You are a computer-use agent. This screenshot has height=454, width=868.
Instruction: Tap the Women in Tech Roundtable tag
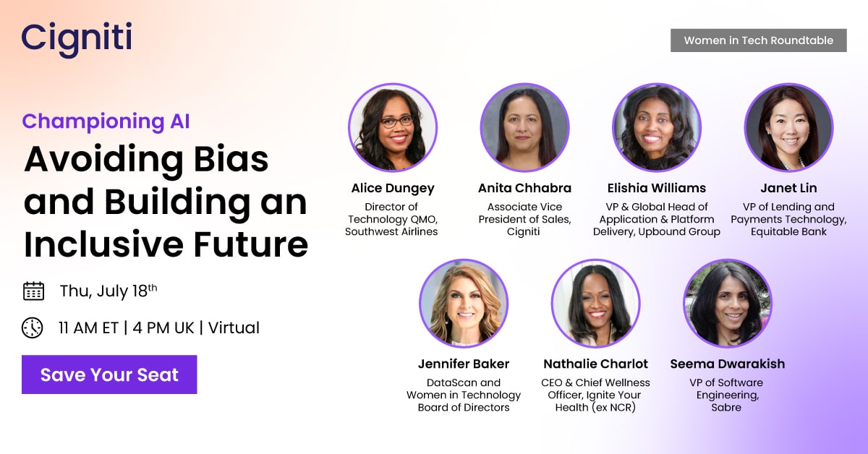point(758,40)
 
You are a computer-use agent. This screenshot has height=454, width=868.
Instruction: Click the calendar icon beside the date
point(33,291)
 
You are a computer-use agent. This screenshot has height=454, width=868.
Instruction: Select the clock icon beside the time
point(33,327)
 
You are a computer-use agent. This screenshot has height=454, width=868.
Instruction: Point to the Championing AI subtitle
point(106,121)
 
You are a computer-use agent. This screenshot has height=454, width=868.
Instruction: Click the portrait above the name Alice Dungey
point(393,128)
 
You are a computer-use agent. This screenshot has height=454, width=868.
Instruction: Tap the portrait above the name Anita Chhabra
point(524,128)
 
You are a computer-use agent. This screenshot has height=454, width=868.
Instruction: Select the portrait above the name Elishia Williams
point(657,128)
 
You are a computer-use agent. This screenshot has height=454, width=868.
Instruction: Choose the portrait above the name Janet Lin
point(788,128)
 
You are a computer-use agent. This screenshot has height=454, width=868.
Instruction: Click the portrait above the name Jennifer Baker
point(464,304)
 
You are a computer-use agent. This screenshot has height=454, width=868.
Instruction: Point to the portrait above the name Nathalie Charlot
point(595,304)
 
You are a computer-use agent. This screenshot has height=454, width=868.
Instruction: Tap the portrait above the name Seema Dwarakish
point(728,304)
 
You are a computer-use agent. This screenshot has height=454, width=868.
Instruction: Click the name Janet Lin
point(788,188)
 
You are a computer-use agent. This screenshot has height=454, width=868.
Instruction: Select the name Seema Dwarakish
point(728,364)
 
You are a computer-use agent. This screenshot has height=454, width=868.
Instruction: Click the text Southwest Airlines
point(391,232)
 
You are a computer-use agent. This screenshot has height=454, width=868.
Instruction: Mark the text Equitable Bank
point(788,232)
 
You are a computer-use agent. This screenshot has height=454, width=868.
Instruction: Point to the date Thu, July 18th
point(109,291)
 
